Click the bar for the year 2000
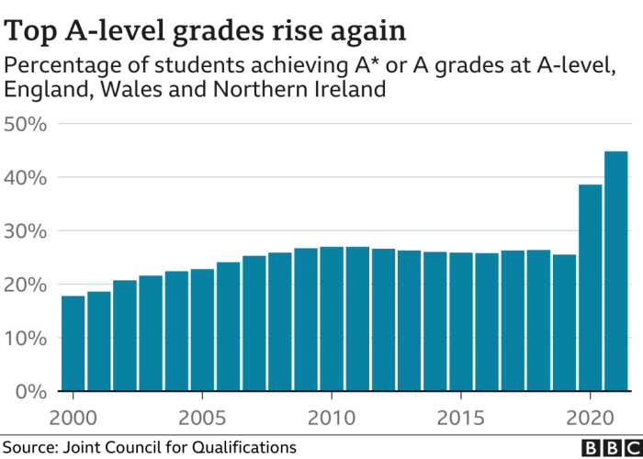point(73,344)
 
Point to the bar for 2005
point(202,330)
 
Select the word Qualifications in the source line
point(249,447)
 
